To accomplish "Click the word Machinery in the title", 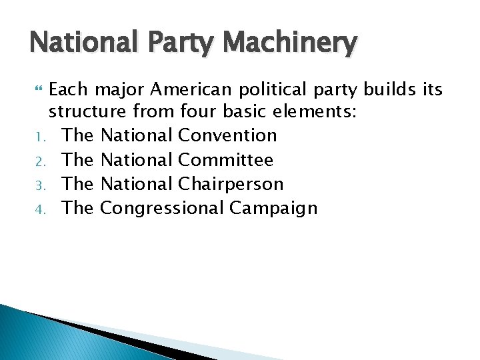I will [x=291, y=45].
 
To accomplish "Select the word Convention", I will [x=227, y=135].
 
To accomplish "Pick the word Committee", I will [x=226, y=160].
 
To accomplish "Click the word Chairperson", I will [x=231, y=184].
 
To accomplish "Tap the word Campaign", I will [x=273, y=209].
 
